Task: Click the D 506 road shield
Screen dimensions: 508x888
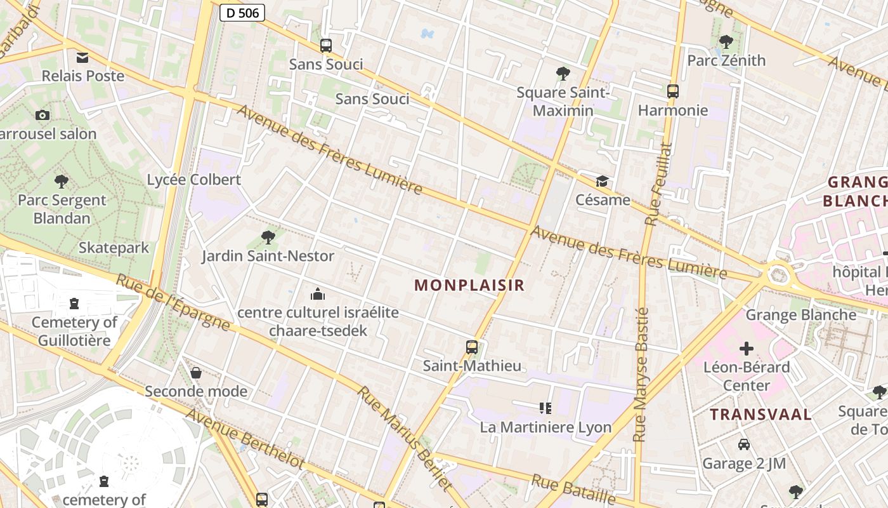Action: coord(242,12)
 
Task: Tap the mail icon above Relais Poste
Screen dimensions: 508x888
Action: coord(82,58)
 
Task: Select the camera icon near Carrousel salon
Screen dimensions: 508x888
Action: coord(42,115)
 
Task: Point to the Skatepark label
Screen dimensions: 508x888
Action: coord(114,248)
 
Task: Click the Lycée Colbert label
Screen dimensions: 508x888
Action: coord(194,180)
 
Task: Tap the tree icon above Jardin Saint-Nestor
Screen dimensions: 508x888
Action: coord(268,237)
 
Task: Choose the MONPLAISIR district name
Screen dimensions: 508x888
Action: coord(469,285)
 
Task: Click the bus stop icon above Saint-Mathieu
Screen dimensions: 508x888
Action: coord(471,347)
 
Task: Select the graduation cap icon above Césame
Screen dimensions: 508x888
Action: coord(601,182)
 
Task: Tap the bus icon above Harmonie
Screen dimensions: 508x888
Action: coord(672,91)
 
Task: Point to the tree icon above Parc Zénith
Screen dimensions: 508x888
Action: coord(726,42)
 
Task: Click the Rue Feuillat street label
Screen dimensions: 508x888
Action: coord(657,184)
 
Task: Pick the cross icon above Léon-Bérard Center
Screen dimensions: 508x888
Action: coord(747,348)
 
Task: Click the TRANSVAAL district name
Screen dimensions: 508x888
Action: coord(761,415)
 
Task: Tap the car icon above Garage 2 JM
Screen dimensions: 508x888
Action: coord(743,444)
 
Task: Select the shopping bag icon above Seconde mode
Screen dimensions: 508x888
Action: coord(196,372)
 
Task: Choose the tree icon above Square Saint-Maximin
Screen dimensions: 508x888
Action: coord(563,74)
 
